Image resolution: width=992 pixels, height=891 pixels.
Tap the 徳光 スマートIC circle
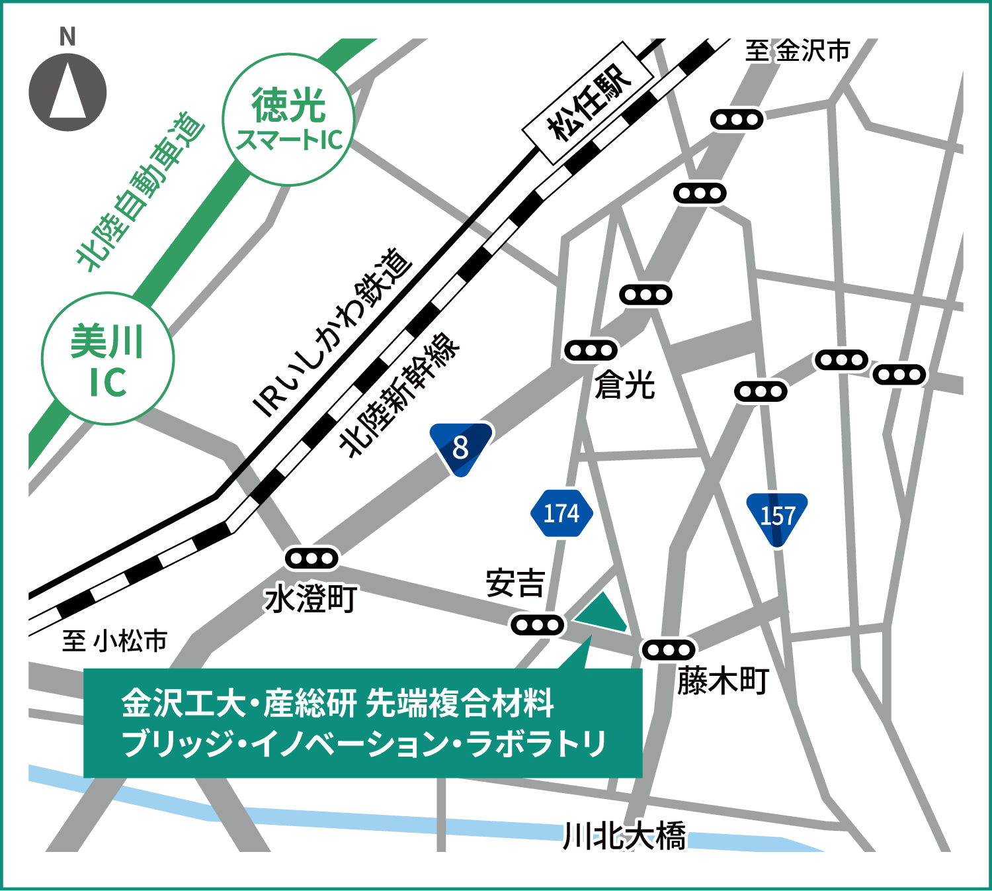[289, 120]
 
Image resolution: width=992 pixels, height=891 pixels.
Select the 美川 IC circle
[108, 359]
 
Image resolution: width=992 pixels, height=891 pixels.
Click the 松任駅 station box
[588, 103]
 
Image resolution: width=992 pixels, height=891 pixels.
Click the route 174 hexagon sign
[561, 513]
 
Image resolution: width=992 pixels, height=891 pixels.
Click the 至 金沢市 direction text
[797, 51]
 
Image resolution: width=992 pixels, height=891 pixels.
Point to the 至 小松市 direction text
[114, 640]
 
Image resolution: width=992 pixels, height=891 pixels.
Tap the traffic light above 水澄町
[311, 559]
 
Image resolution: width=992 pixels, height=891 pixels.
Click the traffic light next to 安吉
[538, 625]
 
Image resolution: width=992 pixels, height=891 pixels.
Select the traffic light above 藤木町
[669, 650]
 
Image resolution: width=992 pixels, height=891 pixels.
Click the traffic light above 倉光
[591, 350]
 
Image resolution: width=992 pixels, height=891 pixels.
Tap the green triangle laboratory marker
[602, 613]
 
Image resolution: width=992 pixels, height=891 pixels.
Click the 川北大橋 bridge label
[624, 836]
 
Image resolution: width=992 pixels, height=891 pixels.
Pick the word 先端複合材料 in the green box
[460, 703]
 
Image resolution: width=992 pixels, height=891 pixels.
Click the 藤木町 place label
[723, 680]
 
